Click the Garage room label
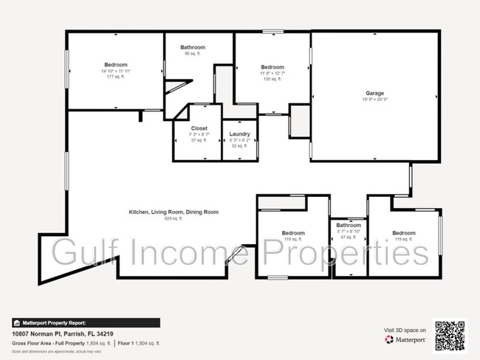[x=374, y=94]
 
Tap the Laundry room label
[x=239, y=134]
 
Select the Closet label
[x=189, y=128]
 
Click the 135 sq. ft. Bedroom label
[x=272, y=67]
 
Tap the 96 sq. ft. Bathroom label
[x=193, y=47]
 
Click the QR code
[x=449, y=335]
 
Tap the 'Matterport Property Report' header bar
[x=86, y=322]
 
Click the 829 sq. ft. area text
[x=174, y=218]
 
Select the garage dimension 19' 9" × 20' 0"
[x=374, y=100]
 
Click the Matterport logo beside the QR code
[x=406, y=340]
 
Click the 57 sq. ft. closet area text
[x=189, y=140]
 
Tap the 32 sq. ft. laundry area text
[x=239, y=146]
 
